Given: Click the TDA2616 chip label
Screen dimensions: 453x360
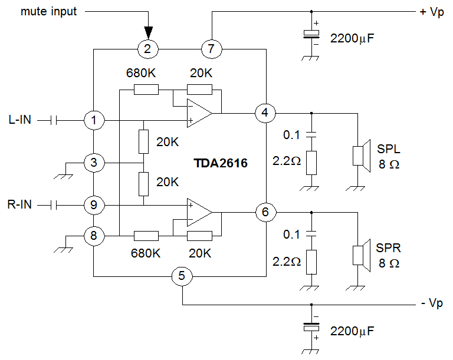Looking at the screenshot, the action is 221,163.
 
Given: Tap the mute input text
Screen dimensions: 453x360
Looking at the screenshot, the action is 48,12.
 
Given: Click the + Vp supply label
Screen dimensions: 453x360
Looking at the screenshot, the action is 432,12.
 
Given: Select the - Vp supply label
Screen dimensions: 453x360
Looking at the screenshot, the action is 432,303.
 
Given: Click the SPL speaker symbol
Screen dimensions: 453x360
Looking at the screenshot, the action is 362,156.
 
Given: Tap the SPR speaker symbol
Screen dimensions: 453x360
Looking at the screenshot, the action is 362,256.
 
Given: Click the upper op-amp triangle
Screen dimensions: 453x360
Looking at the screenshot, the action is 199,113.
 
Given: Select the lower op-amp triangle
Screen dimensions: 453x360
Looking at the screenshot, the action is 199,212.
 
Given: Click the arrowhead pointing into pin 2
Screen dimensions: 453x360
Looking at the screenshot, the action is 148,32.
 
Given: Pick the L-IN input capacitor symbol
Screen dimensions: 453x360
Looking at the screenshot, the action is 54,120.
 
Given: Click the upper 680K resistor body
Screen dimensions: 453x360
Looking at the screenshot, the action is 146,90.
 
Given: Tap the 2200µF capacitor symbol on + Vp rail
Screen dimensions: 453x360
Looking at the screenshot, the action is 311,34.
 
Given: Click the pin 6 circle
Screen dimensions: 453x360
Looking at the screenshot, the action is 266,212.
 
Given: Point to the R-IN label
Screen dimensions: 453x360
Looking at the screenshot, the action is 19,204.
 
